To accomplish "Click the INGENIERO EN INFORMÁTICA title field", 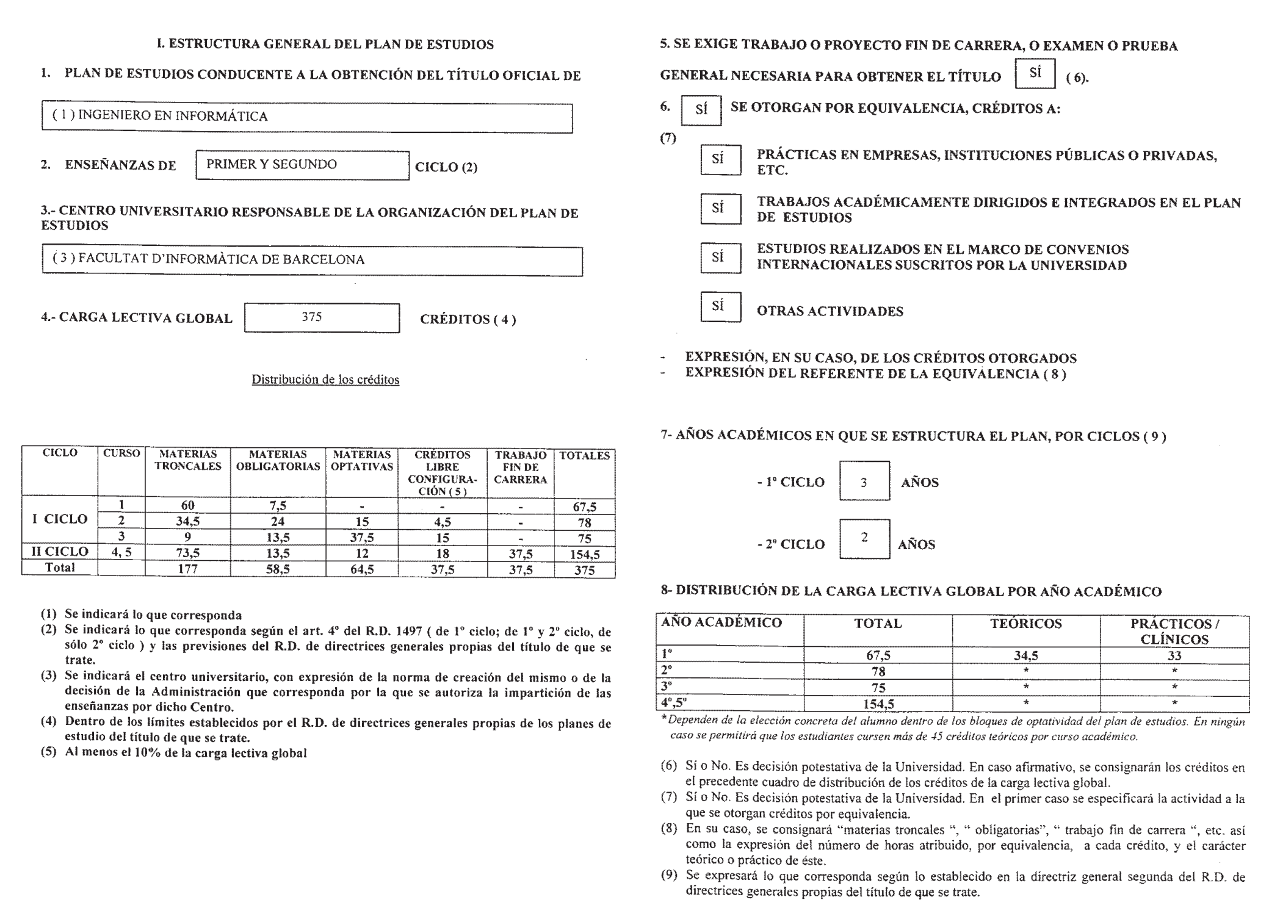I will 306,117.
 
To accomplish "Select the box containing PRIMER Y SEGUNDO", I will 302,165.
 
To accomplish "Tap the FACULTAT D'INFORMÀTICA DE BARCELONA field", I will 312,261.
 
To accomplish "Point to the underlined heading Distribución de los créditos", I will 325,380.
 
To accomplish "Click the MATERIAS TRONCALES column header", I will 187,461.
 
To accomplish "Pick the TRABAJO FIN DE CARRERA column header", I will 520,467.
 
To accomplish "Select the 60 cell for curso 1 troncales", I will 187,505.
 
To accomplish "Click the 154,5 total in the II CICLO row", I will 584,554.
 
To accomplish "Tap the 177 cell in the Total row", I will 187,569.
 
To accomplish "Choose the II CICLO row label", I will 59,552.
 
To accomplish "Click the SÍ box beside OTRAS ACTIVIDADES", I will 720,307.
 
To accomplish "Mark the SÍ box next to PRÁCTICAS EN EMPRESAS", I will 720,160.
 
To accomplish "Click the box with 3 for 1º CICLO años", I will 864,481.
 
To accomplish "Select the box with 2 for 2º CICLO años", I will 864,538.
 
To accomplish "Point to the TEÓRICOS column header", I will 1025,624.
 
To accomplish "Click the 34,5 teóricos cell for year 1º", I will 1025,656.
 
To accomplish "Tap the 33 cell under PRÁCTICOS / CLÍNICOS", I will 1174,656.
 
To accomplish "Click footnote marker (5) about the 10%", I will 49,752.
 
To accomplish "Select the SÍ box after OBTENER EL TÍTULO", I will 1035,74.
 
